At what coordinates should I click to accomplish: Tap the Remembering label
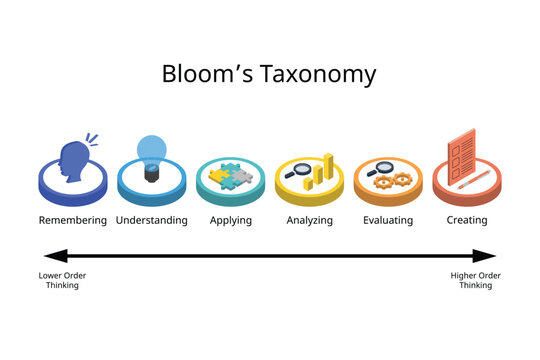(72, 220)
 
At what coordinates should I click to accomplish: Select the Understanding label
(152, 220)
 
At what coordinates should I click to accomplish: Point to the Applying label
(231, 220)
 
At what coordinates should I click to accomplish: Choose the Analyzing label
(309, 220)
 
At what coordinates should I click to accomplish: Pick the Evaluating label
(388, 220)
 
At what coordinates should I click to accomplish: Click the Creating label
(467, 220)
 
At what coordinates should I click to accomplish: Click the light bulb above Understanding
(152, 156)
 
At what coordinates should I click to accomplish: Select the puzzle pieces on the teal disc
(231, 177)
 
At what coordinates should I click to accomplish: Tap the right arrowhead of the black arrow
(487, 256)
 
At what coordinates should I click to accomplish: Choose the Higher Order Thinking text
(475, 281)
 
